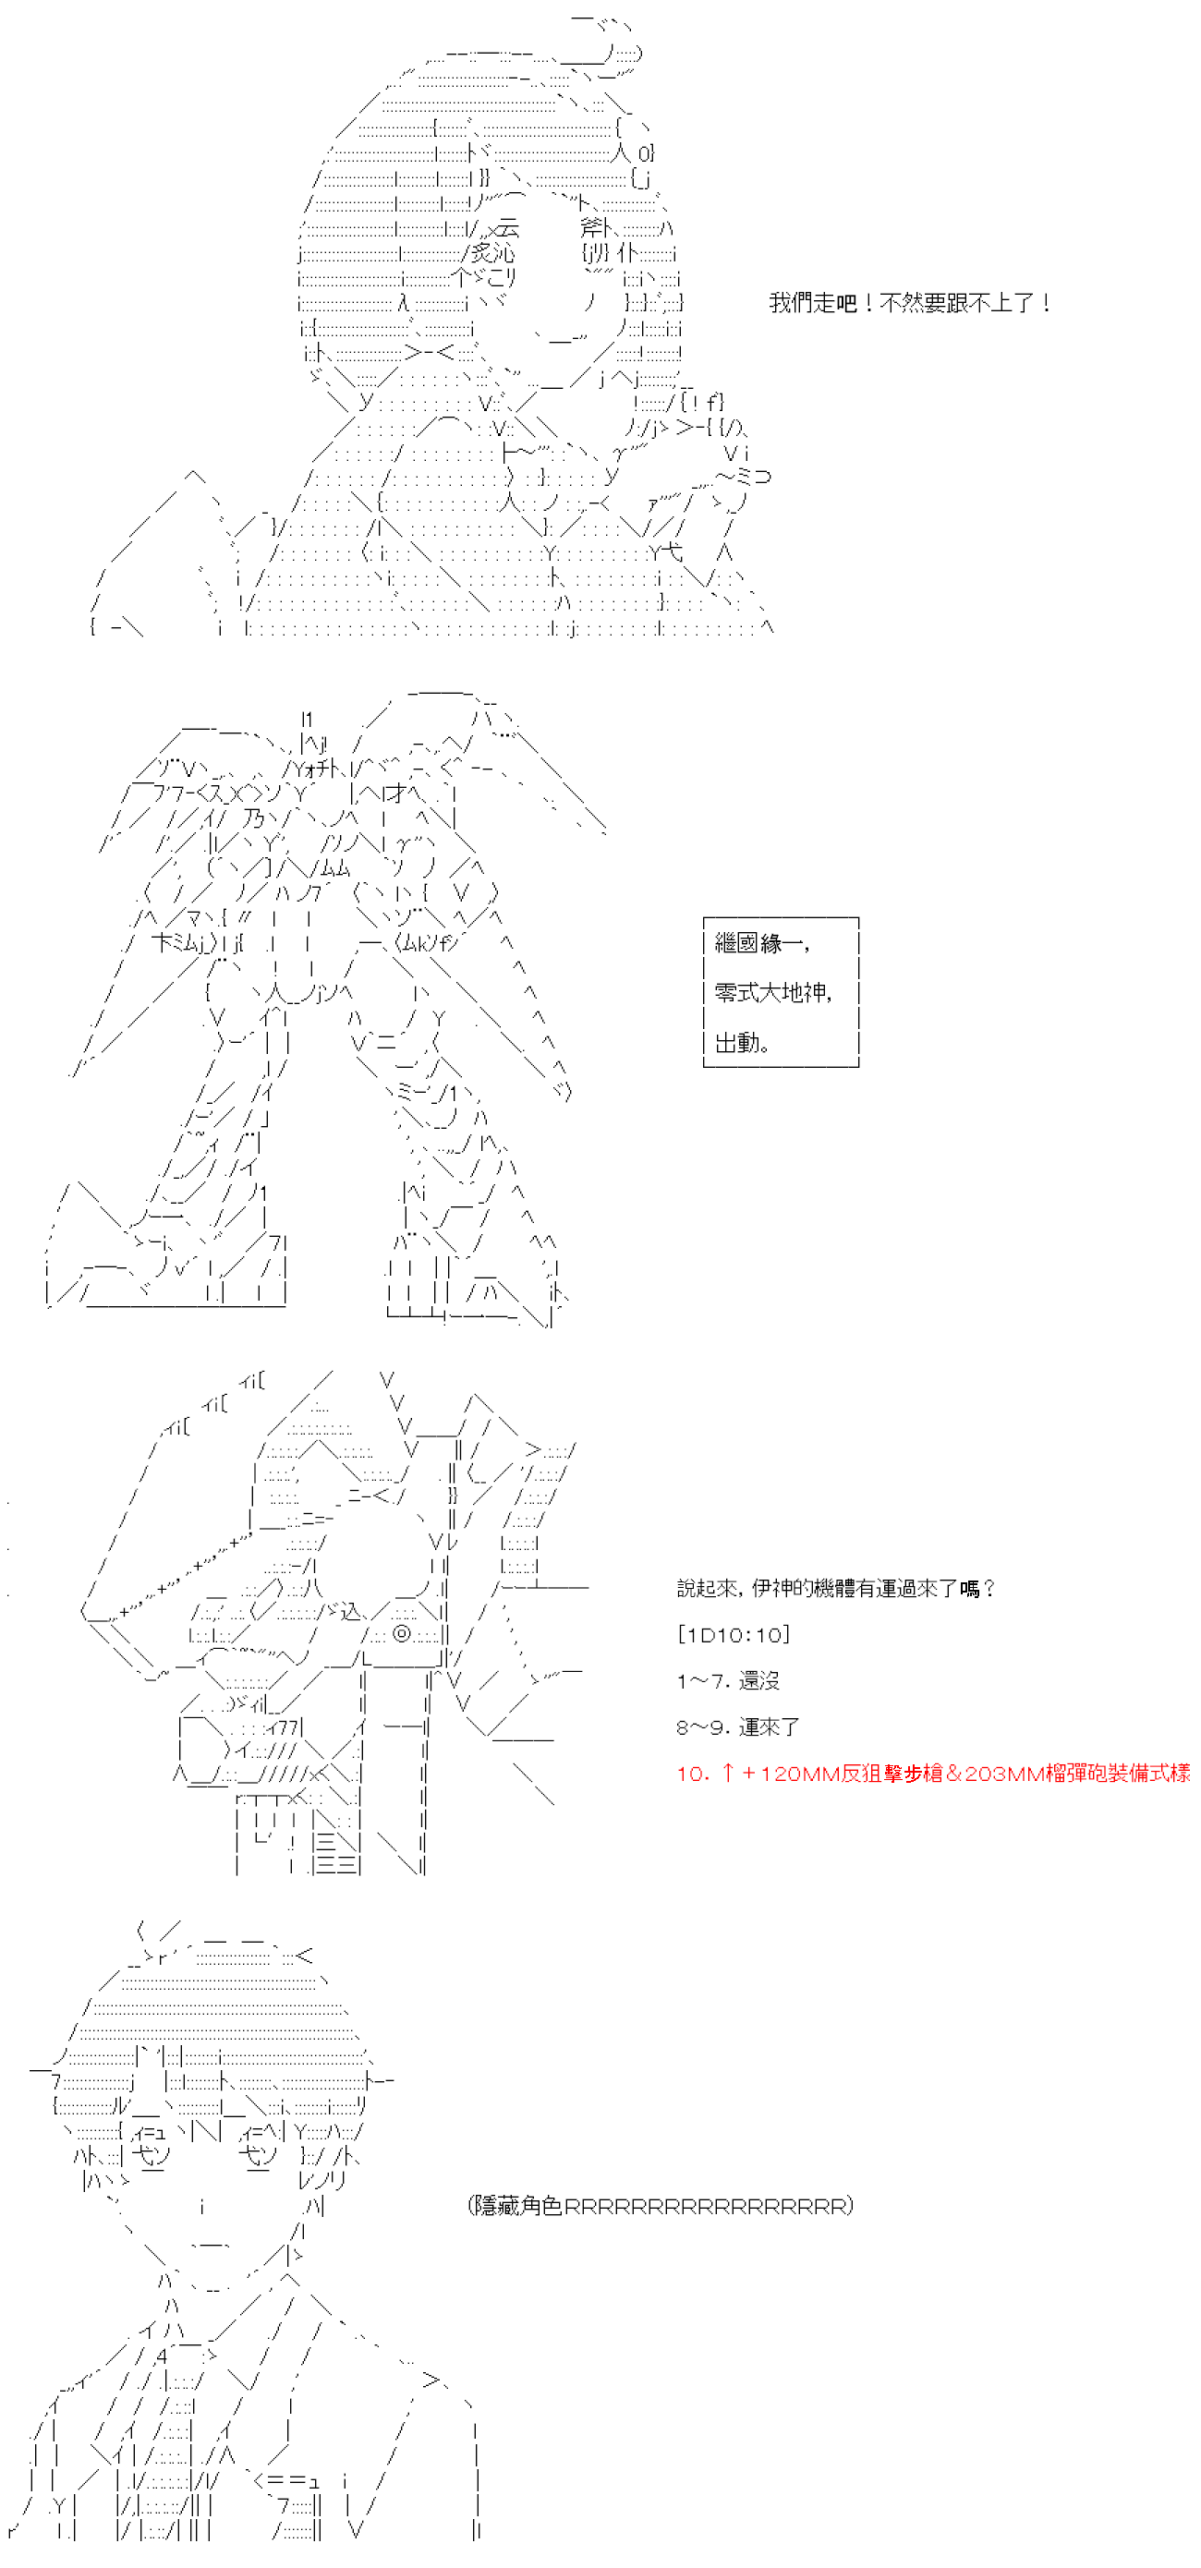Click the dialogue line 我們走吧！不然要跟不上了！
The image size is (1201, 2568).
point(909,303)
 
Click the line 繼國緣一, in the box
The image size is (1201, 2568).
point(761,943)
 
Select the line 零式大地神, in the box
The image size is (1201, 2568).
point(772,993)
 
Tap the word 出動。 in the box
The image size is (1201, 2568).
point(742,1043)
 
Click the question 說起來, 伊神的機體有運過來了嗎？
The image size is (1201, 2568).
point(835,1588)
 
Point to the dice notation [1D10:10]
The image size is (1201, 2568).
point(733,1634)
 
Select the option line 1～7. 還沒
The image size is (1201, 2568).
point(728,1681)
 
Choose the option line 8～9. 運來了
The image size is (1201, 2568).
point(737,1726)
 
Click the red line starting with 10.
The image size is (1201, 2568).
point(932,1773)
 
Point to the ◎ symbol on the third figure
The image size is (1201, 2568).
point(402,1634)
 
